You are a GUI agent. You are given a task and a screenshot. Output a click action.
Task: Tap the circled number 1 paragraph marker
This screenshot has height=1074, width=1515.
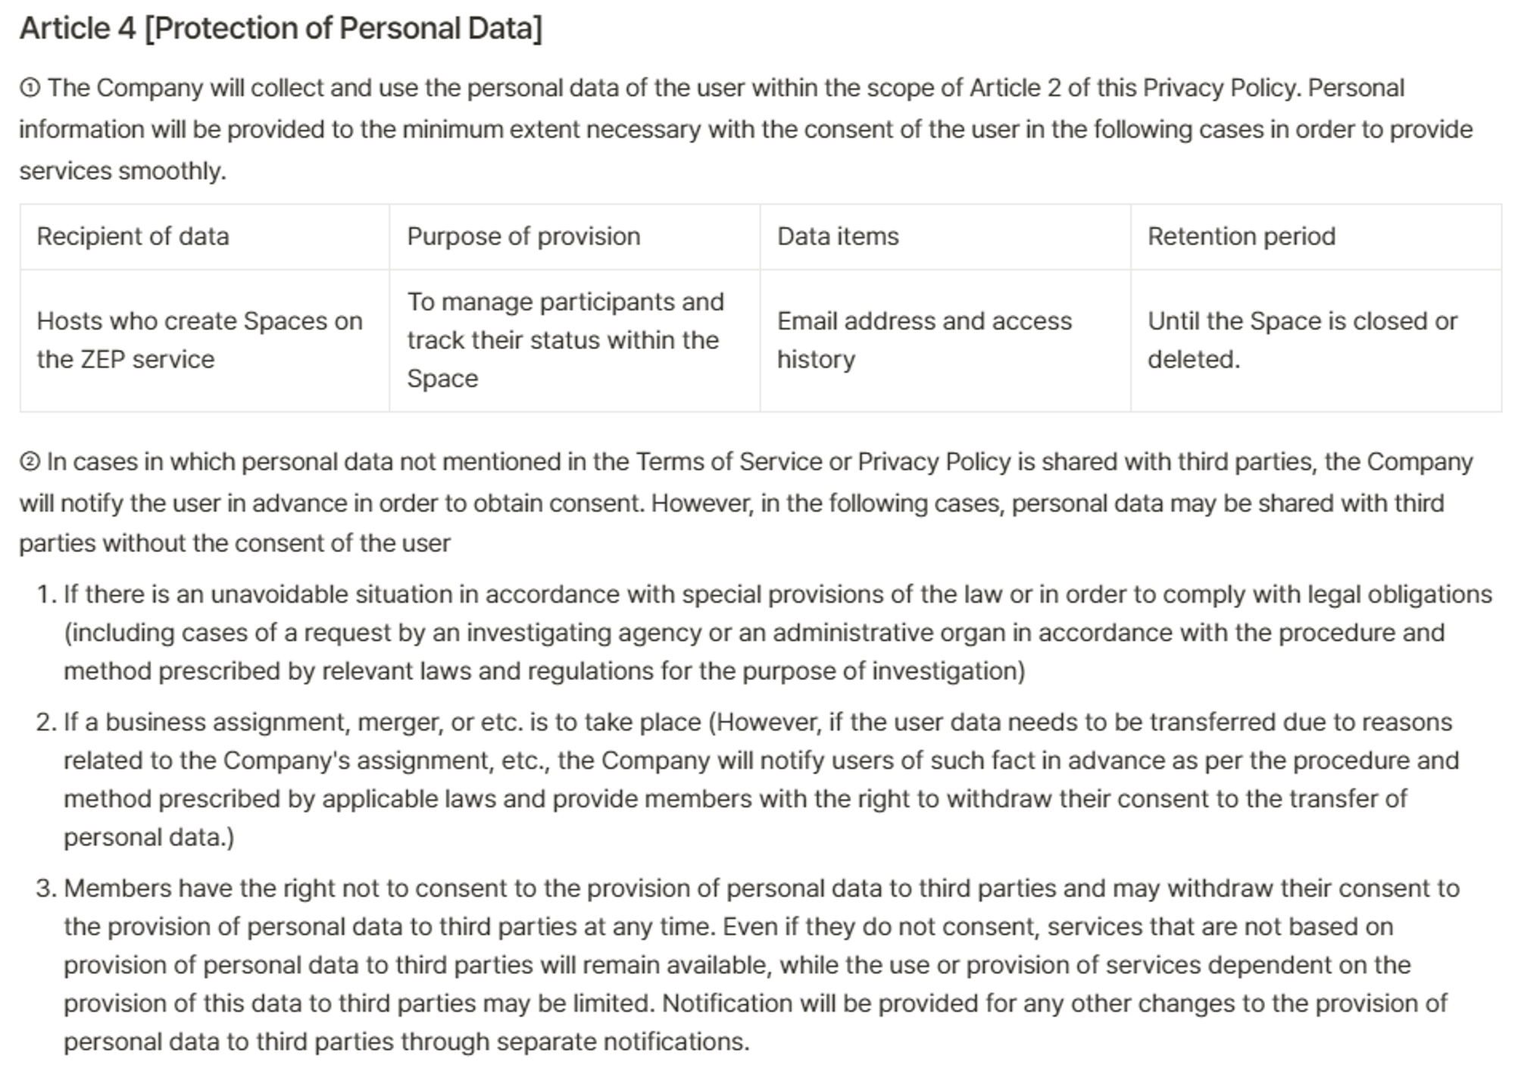point(30,89)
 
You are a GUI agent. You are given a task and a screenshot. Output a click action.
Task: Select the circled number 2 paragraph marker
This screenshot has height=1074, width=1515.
point(30,462)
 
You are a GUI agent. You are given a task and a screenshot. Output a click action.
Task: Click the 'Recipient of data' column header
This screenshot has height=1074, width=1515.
point(133,236)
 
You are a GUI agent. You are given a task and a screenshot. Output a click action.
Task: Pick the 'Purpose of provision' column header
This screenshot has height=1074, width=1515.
point(523,236)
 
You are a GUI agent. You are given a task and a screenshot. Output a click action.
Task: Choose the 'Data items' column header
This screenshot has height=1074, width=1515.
point(838,236)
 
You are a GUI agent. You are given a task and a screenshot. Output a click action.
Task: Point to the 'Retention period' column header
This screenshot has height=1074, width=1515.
point(1241,236)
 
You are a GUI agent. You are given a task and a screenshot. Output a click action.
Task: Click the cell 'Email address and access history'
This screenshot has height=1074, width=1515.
point(924,340)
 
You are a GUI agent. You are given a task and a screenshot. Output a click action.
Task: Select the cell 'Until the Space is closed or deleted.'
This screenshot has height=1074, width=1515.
point(1301,340)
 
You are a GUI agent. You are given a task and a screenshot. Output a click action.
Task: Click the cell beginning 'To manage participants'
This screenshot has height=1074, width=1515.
point(565,340)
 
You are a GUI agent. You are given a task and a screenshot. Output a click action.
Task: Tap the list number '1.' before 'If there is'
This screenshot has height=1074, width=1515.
point(47,595)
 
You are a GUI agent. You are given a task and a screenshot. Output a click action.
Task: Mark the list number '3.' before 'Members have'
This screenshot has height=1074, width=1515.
point(47,888)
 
